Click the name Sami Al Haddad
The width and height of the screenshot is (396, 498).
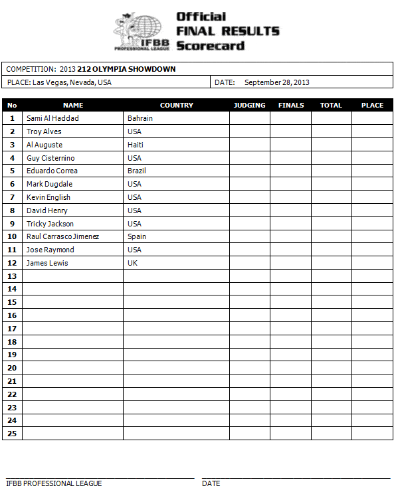(x=52, y=118)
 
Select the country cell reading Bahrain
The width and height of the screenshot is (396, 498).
(x=140, y=118)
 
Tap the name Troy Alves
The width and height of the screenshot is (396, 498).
(x=44, y=131)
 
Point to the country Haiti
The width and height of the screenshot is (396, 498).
(x=136, y=145)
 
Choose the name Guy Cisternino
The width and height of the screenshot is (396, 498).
(x=50, y=158)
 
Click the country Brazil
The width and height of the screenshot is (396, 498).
(x=137, y=171)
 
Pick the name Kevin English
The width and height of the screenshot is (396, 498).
(x=49, y=197)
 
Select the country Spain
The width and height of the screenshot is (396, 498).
(x=137, y=236)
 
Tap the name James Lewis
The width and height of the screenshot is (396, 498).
(x=47, y=263)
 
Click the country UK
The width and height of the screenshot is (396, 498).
(x=132, y=263)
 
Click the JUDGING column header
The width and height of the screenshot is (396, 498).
(x=250, y=105)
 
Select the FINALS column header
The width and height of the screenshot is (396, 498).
(x=291, y=105)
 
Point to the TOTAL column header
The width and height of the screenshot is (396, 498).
(x=331, y=105)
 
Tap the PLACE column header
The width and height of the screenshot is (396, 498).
(x=372, y=105)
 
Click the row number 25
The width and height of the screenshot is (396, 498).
(x=12, y=434)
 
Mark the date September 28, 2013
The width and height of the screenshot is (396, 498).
(x=277, y=83)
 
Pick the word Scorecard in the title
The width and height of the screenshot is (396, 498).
(x=211, y=46)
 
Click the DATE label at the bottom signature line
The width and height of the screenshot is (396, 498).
(x=211, y=483)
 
